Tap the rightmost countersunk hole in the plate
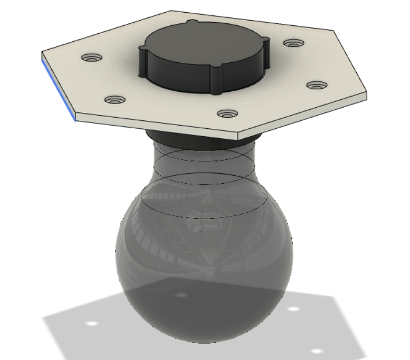(316, 84)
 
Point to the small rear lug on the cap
(192, 22)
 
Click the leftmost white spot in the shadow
(90, 323)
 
